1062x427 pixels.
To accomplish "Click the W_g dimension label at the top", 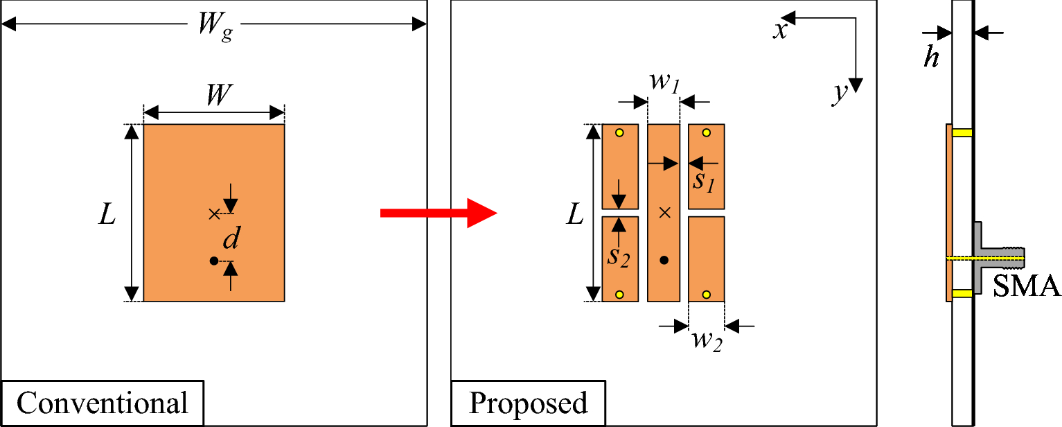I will (x=214, y=28).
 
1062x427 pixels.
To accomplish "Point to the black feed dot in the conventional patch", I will (x=213, y=261).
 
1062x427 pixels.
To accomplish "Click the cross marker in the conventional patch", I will (x=213, y=214).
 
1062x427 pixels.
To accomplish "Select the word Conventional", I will (x=102, y=403).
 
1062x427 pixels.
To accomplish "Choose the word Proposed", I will (x=528, y=403).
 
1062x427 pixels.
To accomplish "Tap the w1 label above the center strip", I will (x=664, y=82).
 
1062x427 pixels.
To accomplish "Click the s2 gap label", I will (x=619, y=255).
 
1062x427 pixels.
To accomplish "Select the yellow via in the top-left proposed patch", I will (x=619, y=132).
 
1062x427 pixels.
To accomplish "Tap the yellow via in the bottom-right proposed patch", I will (x=706, y=295).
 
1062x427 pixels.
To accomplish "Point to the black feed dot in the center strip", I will (x=664, y=261).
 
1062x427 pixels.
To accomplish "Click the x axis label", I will (x=781, y=31).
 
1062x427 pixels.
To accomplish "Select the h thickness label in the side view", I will (x=932, y=58).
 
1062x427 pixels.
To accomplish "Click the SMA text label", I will (x=1027, y=286).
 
